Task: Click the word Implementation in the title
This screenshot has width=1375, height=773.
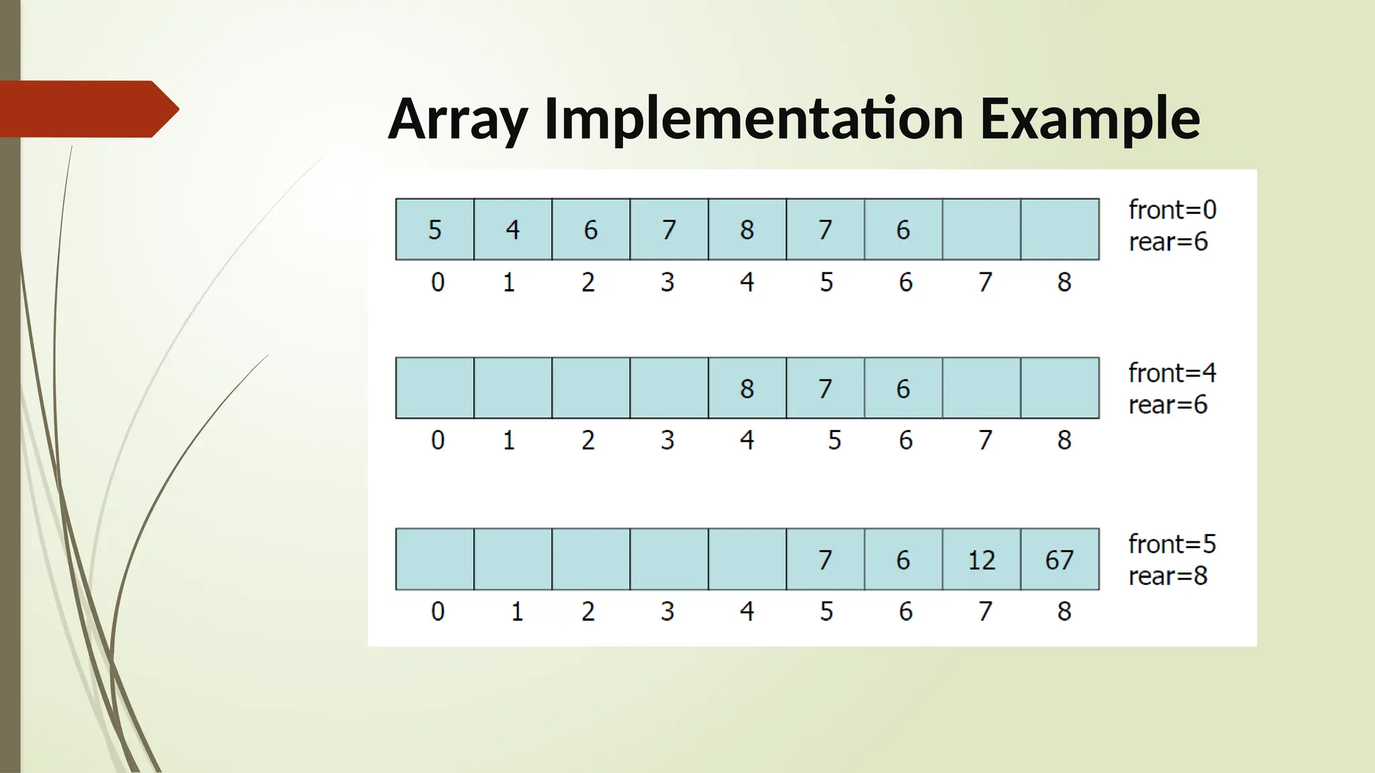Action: coord(754,119)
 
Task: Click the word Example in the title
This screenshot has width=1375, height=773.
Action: coord(1090,119)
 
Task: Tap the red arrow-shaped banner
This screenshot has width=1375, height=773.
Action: coord(87,109)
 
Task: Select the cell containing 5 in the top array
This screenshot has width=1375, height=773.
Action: coord(435,229)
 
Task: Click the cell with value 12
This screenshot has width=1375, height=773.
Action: coord(982,560)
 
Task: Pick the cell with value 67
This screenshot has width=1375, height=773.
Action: coord(1059,560)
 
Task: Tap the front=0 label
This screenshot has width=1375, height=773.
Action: coord(1172,210)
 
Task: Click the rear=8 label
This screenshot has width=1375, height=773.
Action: coord(1168,576)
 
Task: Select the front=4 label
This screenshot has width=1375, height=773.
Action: coord(1172,373)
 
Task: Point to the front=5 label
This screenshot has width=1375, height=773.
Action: coord(1172,544)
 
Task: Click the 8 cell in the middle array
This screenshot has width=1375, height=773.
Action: coord(747,389)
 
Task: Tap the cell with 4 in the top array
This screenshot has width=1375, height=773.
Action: coord(513,229)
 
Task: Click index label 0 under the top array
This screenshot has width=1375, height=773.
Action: coord(438,282)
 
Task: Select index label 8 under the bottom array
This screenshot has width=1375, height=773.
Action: coord(1064,611)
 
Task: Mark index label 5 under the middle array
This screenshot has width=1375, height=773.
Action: coord(834,440)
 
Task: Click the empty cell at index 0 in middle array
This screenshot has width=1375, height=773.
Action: coord(435,389)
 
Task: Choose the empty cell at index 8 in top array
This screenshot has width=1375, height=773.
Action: coord(1059,229)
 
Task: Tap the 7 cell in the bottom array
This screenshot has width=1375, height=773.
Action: coord(825,560)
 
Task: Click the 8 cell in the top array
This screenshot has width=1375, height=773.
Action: coord(747,229)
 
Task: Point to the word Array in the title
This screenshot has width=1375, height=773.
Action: coord(458,119)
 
